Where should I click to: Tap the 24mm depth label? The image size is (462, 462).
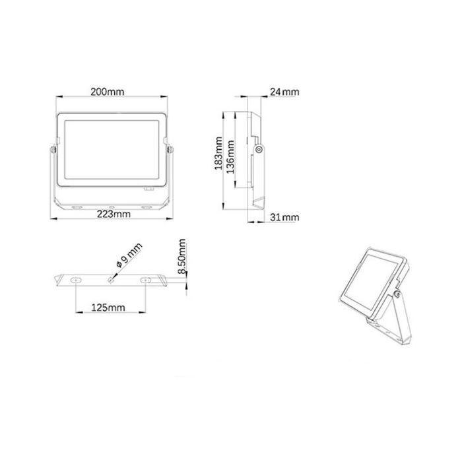tap(284, 92)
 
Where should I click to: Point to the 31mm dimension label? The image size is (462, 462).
tap(284, 217)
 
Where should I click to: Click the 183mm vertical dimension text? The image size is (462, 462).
tap(218, 154)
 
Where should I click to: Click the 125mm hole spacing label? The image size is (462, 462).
tap(109, 308)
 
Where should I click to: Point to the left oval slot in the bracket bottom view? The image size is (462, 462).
tap(77, 280)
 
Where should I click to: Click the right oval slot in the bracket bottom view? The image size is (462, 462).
tap(145, 280)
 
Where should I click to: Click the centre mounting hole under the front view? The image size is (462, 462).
tap(112, 207)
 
